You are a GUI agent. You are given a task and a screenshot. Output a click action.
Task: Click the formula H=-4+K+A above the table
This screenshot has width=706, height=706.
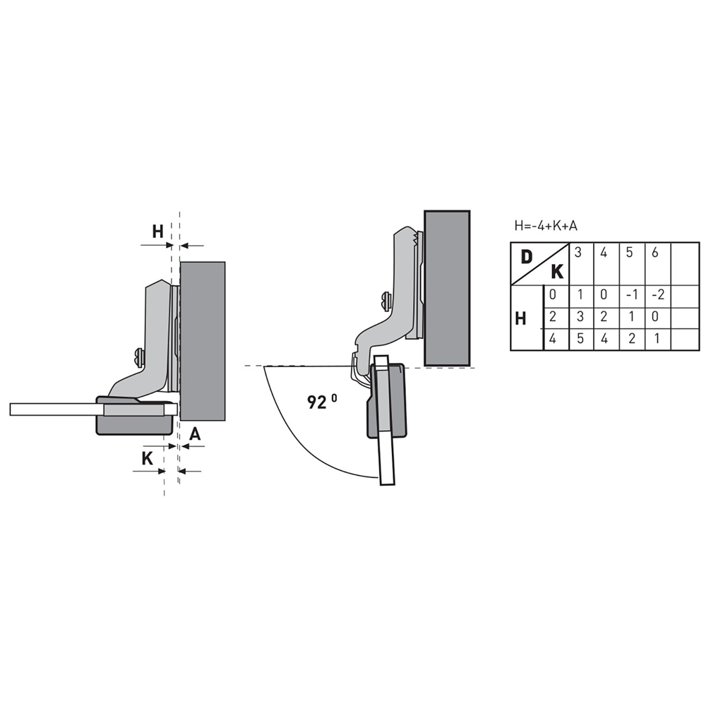[545, 225]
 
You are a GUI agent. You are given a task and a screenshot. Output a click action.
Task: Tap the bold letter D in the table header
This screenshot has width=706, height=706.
[527, 257]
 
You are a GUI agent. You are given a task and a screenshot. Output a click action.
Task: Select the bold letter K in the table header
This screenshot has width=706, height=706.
[557, 272]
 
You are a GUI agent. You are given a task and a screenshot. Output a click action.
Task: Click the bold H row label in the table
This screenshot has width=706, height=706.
[520, 319]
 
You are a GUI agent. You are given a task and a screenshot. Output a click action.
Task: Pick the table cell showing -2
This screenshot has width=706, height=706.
[658, 295]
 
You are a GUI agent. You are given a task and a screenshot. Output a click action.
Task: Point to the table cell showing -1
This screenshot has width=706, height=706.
[632, 295]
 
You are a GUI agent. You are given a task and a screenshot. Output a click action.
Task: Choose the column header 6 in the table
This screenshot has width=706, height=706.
[655, 253]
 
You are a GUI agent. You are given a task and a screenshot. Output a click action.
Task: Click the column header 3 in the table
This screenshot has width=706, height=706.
[578, 253]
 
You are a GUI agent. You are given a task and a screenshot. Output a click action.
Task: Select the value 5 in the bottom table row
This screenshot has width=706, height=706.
[580, 338]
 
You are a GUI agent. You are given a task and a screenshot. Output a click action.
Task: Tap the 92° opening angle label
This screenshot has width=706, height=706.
[322, 401]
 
